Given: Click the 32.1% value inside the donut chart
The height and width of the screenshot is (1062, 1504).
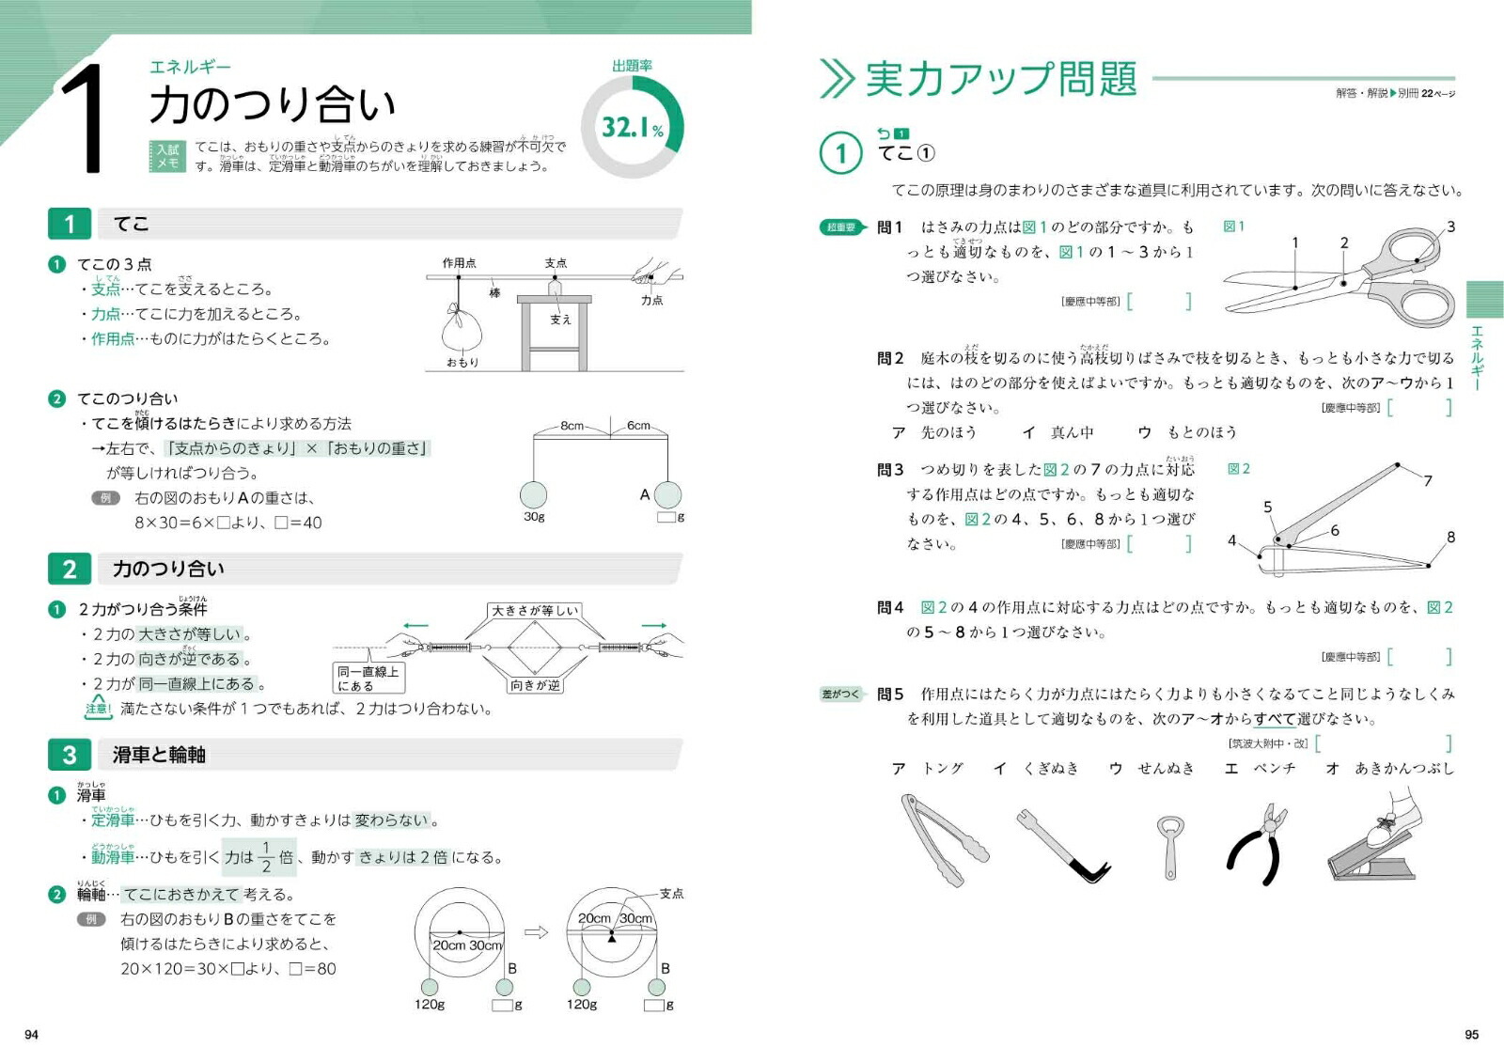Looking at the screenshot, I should (x=632, y=128).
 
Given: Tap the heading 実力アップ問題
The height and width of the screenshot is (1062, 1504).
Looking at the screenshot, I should (x=1000, y=79).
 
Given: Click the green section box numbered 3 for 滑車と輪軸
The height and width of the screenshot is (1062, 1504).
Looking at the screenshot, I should (x=70, y=755).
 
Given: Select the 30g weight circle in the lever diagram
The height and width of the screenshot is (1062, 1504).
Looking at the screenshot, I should (x=533, y=494).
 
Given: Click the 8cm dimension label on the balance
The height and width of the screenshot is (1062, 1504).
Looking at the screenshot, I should (x=572, y=426).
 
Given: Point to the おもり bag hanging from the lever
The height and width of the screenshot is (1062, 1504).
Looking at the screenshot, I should (x=462, y=330).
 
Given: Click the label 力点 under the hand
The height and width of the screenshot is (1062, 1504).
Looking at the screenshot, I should (x=651, y=301).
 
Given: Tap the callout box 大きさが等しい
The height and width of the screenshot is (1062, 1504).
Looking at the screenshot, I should (x=534, y=611).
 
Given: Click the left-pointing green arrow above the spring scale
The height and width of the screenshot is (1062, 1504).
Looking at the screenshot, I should (x=415, y=625).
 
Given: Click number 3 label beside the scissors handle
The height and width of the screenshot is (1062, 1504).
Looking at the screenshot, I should (x=1450, y=226).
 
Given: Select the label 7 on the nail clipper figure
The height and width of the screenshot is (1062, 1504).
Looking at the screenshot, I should (x=1428, y=480).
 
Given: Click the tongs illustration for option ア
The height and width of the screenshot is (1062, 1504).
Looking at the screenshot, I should (x=944, y=839).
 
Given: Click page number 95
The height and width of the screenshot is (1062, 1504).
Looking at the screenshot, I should (x=1471, y=1034).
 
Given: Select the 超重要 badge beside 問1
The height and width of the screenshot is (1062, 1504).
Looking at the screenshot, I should (x=841, y=227).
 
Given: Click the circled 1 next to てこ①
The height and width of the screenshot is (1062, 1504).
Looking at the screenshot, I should (x=840, y=153).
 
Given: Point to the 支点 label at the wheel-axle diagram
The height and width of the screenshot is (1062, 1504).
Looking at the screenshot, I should (x=671, y=894).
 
